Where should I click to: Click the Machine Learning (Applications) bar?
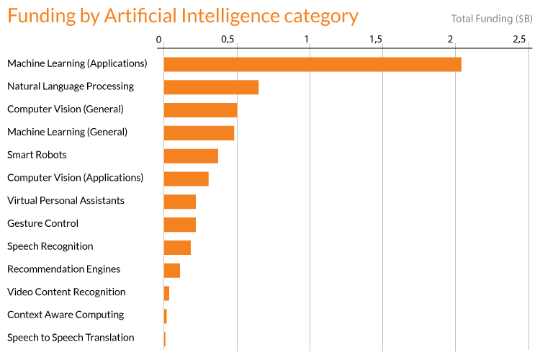(312, 64)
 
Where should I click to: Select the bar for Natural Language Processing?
(211, 87)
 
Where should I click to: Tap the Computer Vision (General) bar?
(200, 110)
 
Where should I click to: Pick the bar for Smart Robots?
(191, 156)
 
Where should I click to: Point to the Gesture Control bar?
(180, 225)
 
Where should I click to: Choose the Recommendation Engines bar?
(172, 270)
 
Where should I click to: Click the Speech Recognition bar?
(177, 248)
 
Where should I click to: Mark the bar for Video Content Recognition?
(166, 293)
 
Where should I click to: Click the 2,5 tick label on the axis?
(520, 39)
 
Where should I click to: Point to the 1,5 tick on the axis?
(376, 39)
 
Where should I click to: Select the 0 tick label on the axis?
(159, 39)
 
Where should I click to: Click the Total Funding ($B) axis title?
(492, 18)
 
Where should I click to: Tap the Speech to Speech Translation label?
(71, 337)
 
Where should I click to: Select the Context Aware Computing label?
(66, 315)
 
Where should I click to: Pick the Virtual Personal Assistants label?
(66, 200)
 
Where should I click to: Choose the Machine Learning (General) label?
(67, 132)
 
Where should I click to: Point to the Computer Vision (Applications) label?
(75, 177)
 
